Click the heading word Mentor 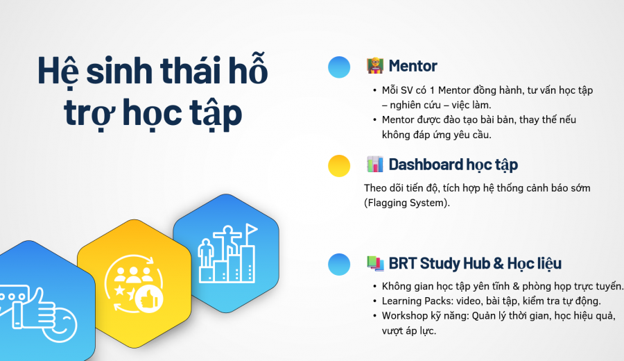click(x=413, y=66)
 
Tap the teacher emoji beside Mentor click(x=375, y=66)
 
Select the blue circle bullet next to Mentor click(x=339, y=67)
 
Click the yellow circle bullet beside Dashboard click(x=339, y=165)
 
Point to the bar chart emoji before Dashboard click(x=375, y=164)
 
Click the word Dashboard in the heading click(x=426, y=165)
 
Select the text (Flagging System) click(x=407, y=203)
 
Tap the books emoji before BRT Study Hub click(x=375, y=263)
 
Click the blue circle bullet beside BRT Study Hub click(x=339, y=265)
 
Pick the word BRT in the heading click(x=402, y=263)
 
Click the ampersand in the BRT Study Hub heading click(x=499, y=263)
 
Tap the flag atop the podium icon click(x=251, y=230)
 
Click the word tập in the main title click(x=216, y=114)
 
